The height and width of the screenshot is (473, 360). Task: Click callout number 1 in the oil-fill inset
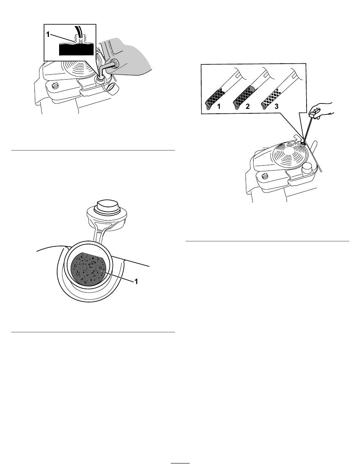click(48, 34)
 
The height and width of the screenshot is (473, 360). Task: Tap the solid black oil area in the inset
click(76, 49)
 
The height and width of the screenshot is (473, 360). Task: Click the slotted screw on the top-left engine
click(55, 85)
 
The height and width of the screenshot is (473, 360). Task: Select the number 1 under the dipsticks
click(219, 106)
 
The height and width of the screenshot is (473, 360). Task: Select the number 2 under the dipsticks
click(247, 106)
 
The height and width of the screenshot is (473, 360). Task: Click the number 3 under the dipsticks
click(276, 106)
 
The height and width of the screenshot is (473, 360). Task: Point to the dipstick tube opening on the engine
click(303, 143)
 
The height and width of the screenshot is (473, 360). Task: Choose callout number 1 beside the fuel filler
click(136, 281)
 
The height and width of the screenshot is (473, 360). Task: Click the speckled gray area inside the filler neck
click(88, 268)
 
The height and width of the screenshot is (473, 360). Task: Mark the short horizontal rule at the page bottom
click(180, 463)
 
